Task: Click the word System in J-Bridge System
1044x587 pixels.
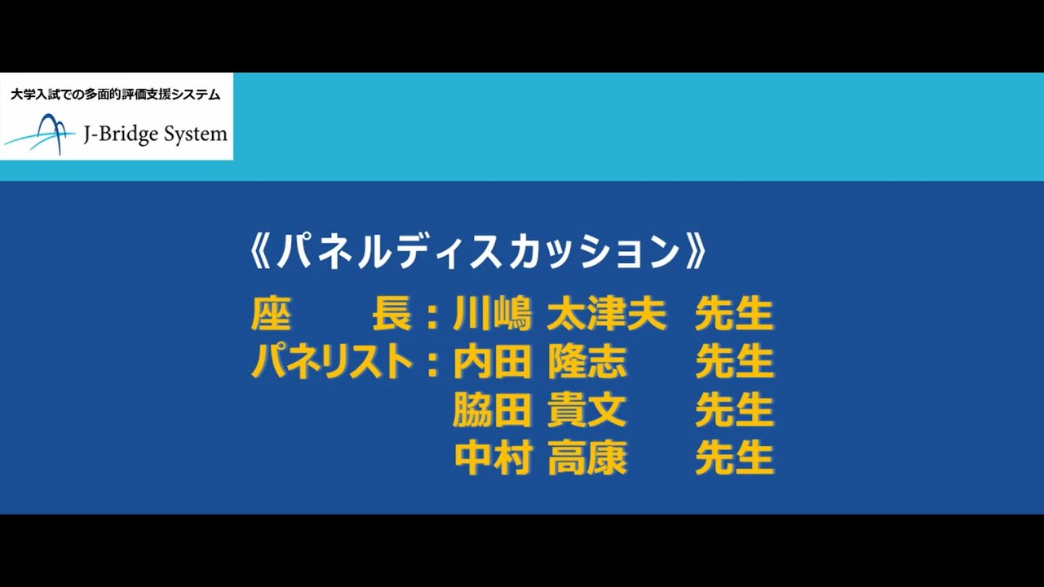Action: point(196,135)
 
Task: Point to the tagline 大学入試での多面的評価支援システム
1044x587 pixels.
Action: point(115,95)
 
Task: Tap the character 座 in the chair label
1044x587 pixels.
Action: point(272,315)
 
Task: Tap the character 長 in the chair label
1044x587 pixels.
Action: point(392,315)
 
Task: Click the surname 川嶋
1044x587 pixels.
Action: point(493,315)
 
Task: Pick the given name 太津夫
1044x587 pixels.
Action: point(607,315)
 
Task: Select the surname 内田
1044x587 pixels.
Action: point(493,362)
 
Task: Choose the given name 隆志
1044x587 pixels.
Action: point(587,362)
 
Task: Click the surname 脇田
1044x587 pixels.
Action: point(493,410)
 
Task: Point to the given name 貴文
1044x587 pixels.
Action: point(587,410)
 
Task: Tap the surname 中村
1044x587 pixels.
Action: point(493,458)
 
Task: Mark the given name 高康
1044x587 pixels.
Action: point(587,458)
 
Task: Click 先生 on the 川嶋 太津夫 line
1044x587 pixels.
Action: point(734,315)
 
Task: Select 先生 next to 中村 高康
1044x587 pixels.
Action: point(734,458)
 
